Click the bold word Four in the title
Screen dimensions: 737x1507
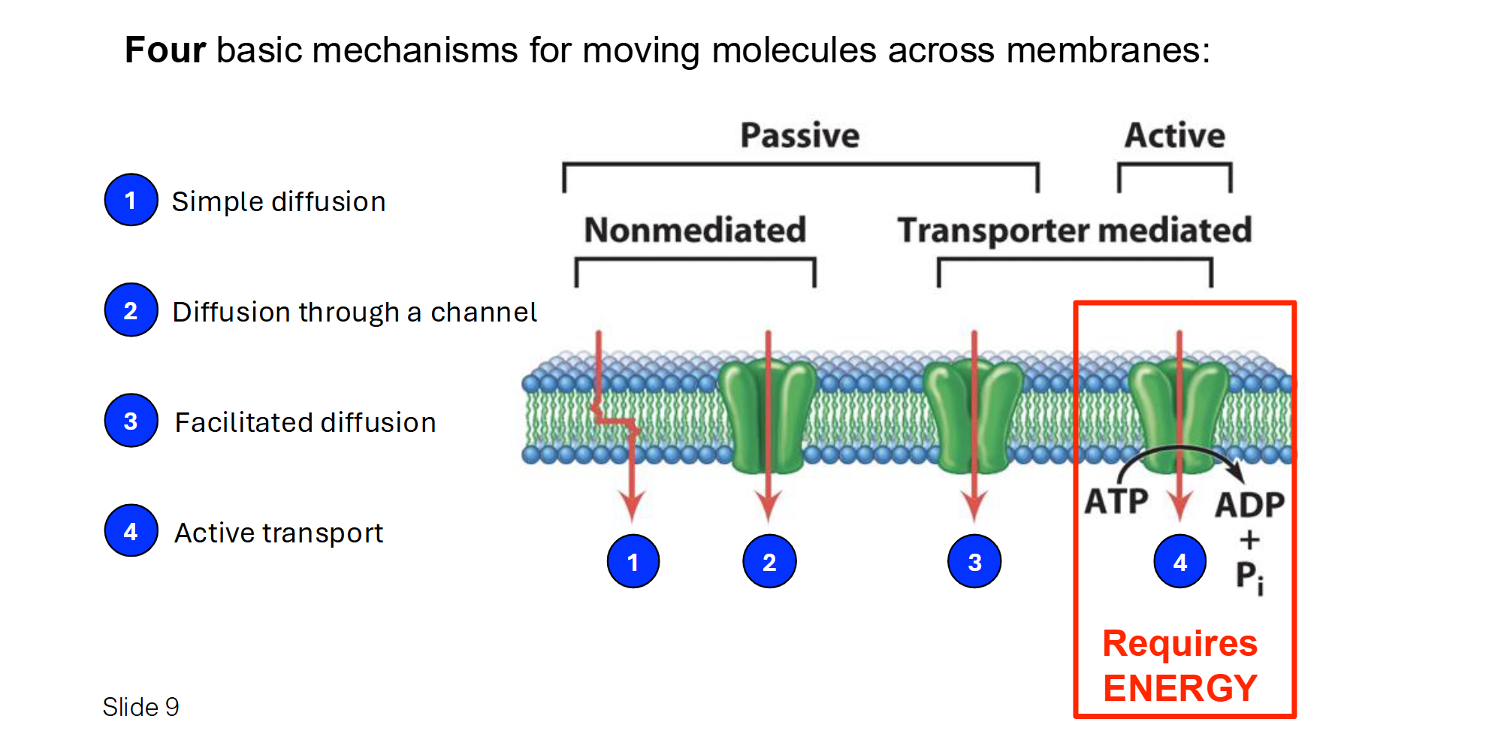[x=165, y=50]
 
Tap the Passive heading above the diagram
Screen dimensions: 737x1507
[x=799, y=135]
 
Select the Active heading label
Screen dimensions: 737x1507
[x=1174, y=135]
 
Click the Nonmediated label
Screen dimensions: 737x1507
[x=695, y=230]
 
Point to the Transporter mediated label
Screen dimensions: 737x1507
[x=1074, y=230]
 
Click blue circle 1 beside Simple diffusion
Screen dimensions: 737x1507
[x=131, y=200]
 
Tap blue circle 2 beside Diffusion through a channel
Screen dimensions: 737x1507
[x=131, y=310]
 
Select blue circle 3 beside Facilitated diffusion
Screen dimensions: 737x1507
[x=131, y=421]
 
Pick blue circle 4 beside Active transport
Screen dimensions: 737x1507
[x=131, y=531]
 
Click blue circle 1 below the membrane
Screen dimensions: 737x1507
[x=633, y=561]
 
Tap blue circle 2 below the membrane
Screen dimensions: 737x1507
[x=769, y=561]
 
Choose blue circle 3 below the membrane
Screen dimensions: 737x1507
[x=974, y=561]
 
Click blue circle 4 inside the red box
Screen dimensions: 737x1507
[x=1179, y=561]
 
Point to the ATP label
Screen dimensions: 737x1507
[x=1116, y=501]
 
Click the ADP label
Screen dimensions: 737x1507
[x=1249, y=505]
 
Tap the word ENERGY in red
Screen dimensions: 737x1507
[x=1179, y=688]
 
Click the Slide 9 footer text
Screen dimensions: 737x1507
[x=140, y=707]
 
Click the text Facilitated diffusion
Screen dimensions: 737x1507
[x=305, y=422]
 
